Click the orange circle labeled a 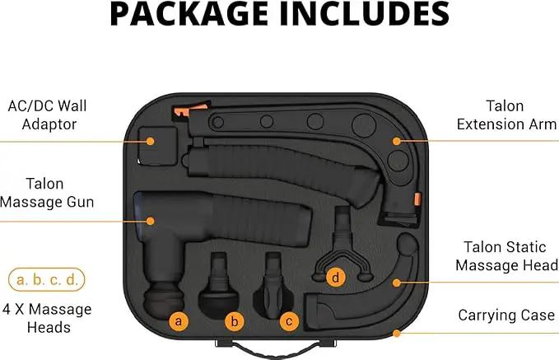coord(179,321)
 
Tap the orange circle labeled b coord(235,321)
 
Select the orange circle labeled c coord(289,321)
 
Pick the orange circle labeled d coord(335,278)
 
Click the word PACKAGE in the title coord(189,13)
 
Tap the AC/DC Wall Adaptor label coord(48,115)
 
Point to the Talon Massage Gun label coord(47,193)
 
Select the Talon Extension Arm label coord(506,115)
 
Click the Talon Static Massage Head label coord(506,256)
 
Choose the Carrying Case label coord(506,315)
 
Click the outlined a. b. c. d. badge coord(47,280)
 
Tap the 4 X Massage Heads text coord(47,318)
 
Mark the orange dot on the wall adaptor coord(151,142)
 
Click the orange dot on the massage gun coord(151,222)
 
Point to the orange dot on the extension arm coord(397,141)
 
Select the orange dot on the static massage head coord(397,283)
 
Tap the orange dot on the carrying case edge coord(397,334)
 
